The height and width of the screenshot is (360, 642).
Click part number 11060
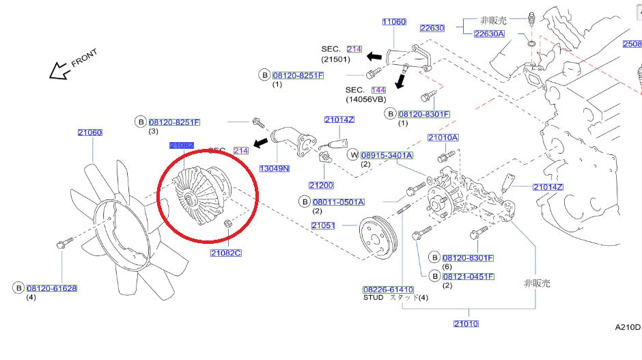394,22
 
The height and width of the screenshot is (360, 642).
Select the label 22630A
488,33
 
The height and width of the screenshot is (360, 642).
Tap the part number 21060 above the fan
89,133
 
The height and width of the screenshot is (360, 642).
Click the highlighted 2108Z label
182,146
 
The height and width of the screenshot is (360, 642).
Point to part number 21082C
226,253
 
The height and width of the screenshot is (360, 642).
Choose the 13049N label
273,168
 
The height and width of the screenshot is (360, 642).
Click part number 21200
321,185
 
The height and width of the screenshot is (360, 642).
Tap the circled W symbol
353,155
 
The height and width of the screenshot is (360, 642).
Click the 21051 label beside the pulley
323,225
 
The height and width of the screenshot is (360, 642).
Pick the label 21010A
443,137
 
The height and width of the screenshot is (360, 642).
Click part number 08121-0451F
468,277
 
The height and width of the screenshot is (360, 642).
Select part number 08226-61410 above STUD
388,290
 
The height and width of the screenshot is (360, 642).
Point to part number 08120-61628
52,288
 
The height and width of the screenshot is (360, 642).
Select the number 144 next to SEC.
378,90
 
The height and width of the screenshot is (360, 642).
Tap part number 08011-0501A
339,202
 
